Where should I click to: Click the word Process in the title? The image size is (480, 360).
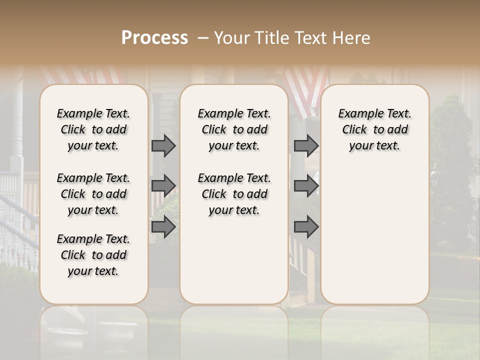click(154, 37)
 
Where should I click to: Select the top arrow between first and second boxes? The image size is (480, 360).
click(163, 145)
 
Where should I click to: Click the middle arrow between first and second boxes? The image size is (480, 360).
click(163, 186)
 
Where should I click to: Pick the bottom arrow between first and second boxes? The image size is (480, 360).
click(163, 227)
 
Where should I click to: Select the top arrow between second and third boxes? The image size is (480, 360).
click(306, 145)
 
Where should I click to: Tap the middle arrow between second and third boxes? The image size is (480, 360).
click(306, 186)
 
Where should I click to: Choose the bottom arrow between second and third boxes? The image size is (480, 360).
click(306, 227)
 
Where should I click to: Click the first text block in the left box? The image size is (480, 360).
click(93, 129)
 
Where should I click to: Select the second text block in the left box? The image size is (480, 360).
click(93, 194)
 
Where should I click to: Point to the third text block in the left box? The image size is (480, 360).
click(93, 255)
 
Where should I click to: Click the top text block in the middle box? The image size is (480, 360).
click(234, 129)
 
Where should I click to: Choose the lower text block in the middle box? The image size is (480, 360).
click(234, 194)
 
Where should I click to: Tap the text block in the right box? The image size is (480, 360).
click(374, 129)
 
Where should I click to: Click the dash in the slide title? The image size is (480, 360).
click(203, 37)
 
